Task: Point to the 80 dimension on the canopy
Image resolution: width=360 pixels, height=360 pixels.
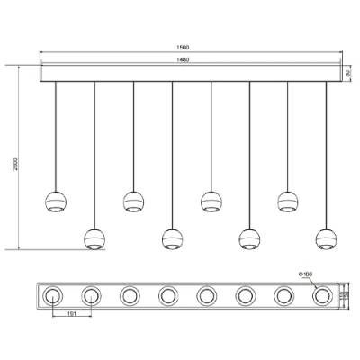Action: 350,73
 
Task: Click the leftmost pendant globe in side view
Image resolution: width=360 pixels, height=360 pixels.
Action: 56,201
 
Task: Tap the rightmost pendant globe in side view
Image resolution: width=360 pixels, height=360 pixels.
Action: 326,238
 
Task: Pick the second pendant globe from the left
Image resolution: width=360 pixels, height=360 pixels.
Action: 94,238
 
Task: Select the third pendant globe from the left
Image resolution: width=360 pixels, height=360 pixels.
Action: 133,201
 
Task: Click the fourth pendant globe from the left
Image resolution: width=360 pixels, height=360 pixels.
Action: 172,238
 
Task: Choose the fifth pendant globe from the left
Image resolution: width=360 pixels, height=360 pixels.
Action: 211,201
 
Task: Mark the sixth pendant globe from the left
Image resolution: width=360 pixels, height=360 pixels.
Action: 249,238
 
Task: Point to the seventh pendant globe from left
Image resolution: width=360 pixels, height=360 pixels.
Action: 288,201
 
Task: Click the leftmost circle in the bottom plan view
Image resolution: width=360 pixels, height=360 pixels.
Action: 52,294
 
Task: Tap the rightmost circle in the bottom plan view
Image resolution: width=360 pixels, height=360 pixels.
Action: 321,294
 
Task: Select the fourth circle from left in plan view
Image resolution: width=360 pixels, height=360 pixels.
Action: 167,294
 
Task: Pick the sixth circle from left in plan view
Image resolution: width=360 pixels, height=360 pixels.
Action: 245,294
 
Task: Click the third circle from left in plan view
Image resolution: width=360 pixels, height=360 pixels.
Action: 129,294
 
